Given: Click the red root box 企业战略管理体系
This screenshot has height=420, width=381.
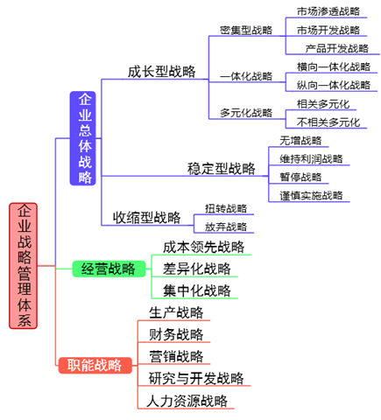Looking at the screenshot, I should click(x=25, y=265).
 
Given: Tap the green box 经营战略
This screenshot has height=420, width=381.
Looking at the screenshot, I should click(x=108, y=269).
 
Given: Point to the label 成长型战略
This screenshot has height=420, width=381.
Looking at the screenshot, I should click(x=159, y=72).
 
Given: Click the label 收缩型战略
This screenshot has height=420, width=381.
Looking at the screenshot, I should click(x=145, y=217).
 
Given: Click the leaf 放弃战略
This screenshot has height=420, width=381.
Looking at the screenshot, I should click(x=226, y=227).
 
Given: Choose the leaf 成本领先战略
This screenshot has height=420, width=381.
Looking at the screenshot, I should click(x=203, y=247).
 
